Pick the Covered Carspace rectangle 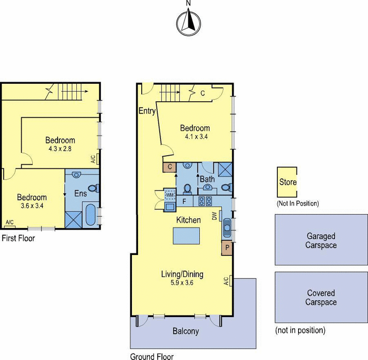(x=321, y=297)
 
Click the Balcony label (x=186, y=331)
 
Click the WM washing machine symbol (x=170, y=194)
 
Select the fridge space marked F (x=184, y=201)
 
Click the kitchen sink (x=227, y=226)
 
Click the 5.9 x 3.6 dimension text (x=182, y=283)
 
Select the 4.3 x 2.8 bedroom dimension (x=60, y=149)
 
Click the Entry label (x=147, y=111)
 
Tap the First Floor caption (x=18, y=238)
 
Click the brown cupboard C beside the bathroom (x=169, y=168)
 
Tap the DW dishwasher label (x=214, y=216)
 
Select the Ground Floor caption (x=152, y=356)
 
